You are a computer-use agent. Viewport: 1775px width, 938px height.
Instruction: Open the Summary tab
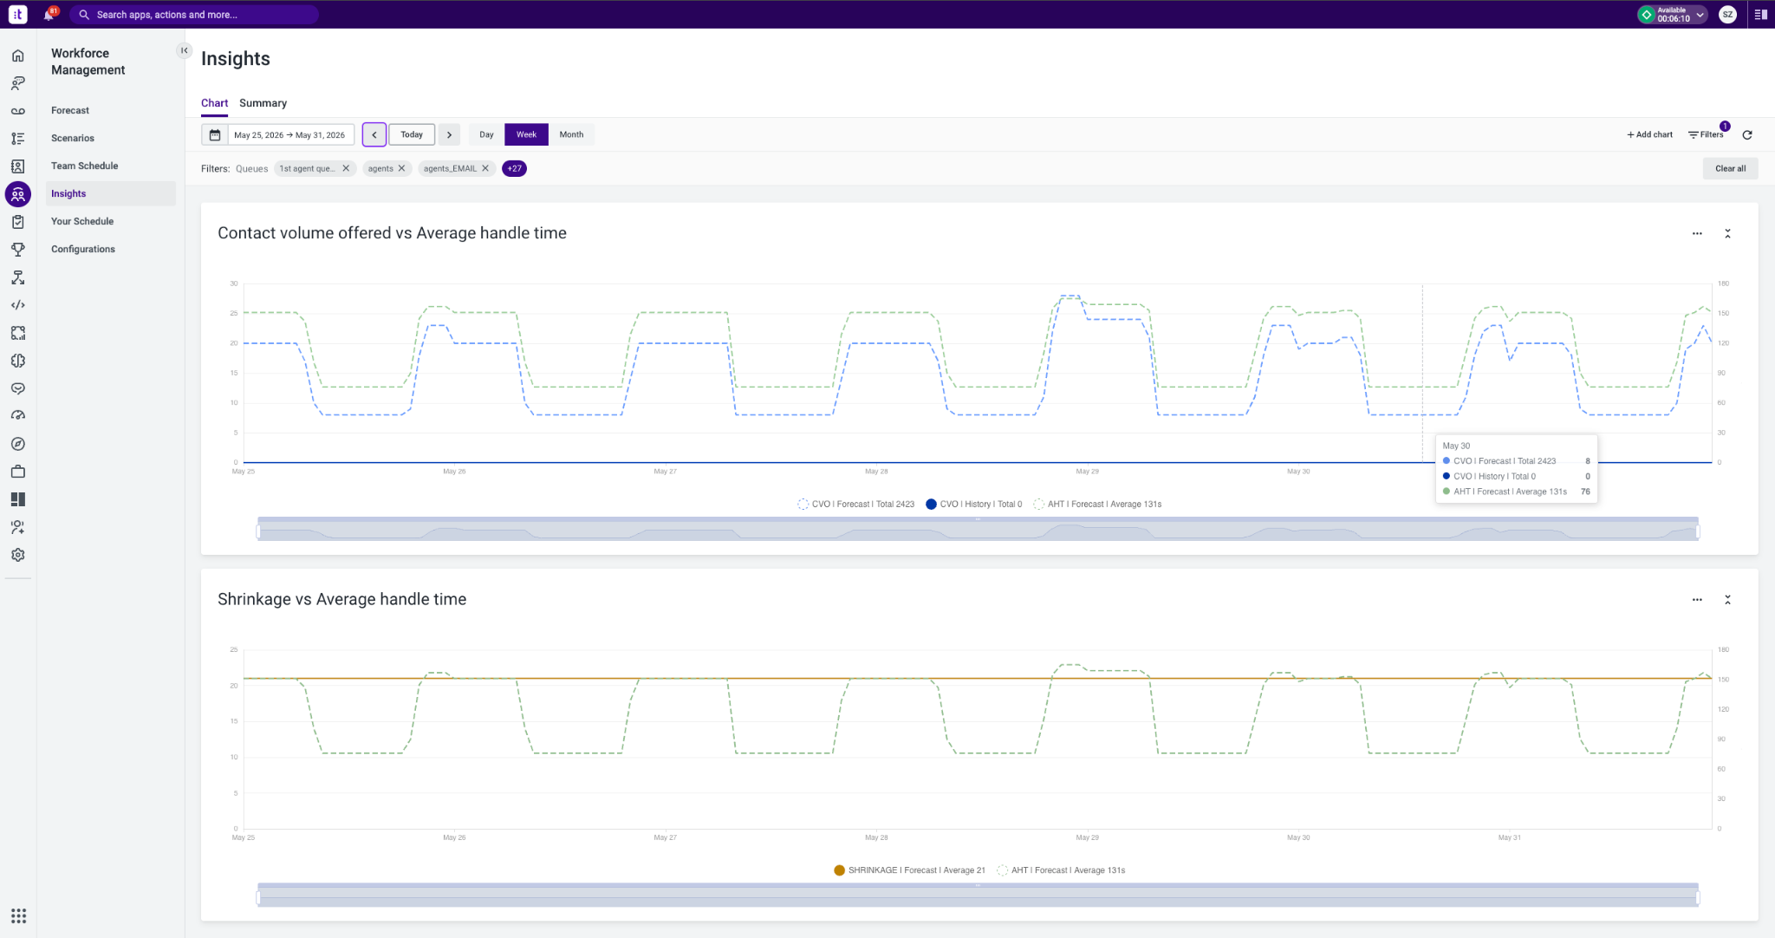tap(263, 103)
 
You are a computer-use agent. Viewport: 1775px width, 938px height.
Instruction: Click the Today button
tap(412, 134)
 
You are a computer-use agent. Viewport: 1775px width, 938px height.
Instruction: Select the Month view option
tap(571, 134)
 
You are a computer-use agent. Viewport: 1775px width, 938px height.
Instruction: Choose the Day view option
tap(486, 134)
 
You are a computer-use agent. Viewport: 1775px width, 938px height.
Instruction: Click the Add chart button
tap(1649, 134)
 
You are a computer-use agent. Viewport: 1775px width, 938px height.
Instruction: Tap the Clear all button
tap(1730, 168)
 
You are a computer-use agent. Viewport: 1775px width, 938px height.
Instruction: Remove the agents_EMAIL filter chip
tap(485, 168)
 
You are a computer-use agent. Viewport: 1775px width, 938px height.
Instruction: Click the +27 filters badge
tap(514, 168)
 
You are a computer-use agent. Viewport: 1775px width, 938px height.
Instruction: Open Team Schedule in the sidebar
tap(84, 166)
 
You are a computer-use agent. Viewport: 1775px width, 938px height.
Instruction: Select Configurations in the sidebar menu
tap(83, 249)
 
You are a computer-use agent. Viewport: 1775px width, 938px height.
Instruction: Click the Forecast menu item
tap(70, 110)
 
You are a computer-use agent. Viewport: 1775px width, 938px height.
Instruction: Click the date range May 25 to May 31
tap(289, 134)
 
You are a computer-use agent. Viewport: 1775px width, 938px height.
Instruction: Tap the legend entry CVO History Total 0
tap(973, 504)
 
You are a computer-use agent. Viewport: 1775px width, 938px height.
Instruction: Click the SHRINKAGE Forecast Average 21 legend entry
tap(909, 870)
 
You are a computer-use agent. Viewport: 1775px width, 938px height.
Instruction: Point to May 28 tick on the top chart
tap(876, 472)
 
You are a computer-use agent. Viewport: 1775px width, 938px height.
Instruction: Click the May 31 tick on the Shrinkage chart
tap(1509, 837)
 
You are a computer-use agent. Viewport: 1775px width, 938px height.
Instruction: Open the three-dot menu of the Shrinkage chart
tap(1697, 600)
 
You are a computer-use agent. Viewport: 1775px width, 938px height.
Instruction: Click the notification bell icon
tap(49, 15)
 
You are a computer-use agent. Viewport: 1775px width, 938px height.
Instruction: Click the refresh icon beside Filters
tap(1747, 134)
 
